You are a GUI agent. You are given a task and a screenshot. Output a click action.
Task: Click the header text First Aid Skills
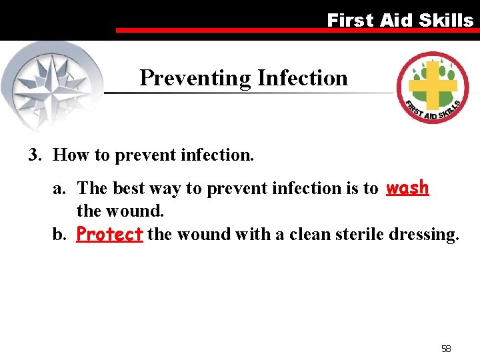click(x=399, y=20)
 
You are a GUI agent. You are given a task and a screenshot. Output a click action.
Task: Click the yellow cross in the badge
click(x=433, y=85)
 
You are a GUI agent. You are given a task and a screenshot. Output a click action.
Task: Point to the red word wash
click(x=407, y=188)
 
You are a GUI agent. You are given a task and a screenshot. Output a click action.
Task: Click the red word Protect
click(x=109, y=235)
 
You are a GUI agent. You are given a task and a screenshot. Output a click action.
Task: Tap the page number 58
click(x=446, y=349)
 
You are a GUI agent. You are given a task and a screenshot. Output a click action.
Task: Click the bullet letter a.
click(x=59, y=189)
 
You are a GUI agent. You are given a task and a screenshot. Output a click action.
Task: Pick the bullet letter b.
click(x=59, y=235)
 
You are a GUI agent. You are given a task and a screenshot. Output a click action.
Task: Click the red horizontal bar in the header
click(x=293, y=31)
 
